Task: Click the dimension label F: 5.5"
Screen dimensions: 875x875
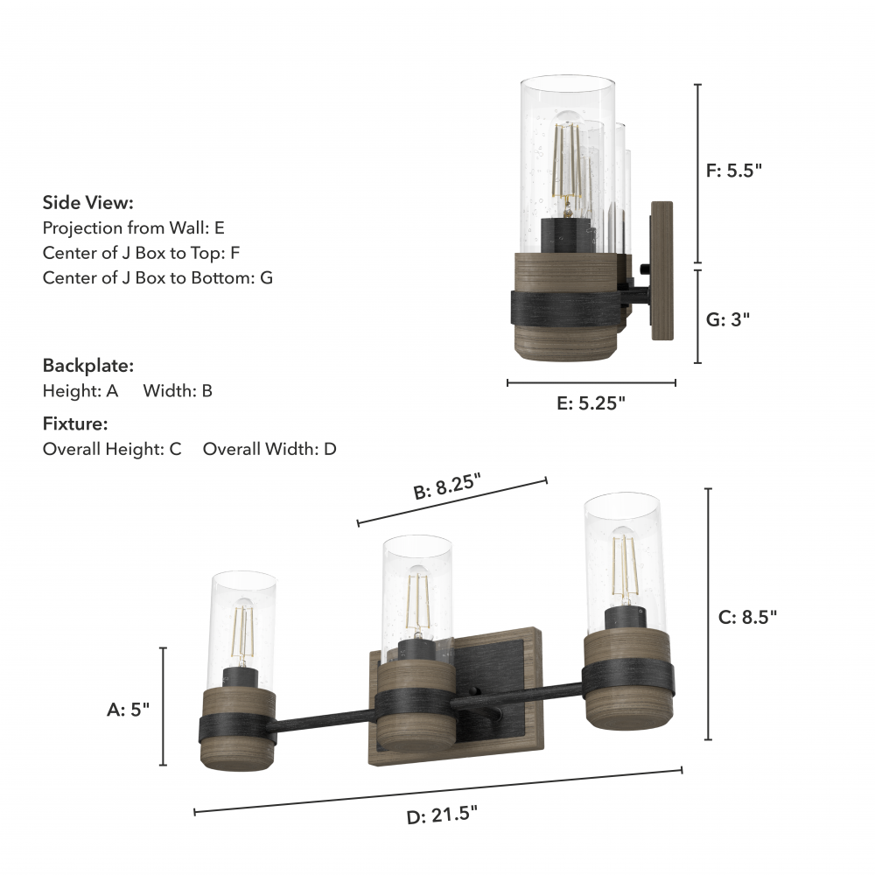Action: [x=734, y=171]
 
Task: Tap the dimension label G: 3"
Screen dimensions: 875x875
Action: [x=728, y=319]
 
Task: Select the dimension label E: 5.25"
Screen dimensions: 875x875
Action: [x=591, y=402]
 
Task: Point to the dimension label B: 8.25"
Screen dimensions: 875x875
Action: [x=447, y=486]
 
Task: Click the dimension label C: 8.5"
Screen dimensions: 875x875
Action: [x=747, y=617]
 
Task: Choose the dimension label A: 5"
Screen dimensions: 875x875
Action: [x=129, y=710]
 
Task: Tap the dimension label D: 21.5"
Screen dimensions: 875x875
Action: [x=442, y=815]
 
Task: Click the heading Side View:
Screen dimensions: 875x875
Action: [x=88, y=203]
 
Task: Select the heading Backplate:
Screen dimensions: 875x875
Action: [x=88, y=366]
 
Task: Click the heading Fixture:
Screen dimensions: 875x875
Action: [x=75, y=423]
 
